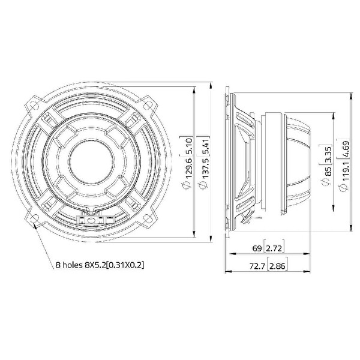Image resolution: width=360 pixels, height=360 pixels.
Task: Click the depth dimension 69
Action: pyautogui.click(x=256, y=248)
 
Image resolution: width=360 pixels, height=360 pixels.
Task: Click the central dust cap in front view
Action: pyautogui.click(x=91, y=161)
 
